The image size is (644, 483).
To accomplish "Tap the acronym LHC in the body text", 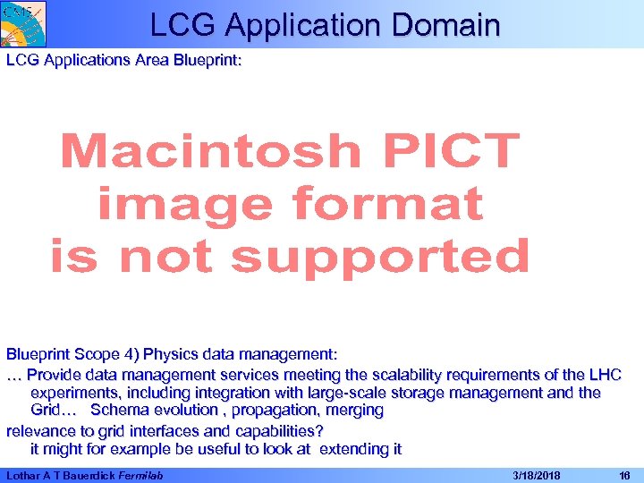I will [604, 375].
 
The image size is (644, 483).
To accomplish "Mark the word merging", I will [355, 411].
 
